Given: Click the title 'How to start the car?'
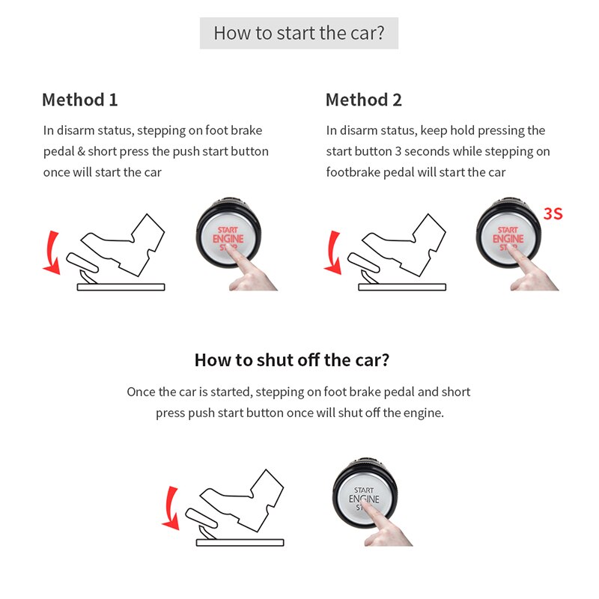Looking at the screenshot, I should point(299,34).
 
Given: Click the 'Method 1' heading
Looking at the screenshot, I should point(79,100).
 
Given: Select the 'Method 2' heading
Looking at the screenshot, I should point(363,100).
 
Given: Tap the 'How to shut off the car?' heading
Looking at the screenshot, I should point(291,359).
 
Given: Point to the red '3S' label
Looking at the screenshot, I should point(553,214).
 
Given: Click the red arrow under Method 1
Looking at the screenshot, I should point(50,252).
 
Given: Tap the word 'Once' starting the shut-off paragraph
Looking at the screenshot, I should point(141,392).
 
